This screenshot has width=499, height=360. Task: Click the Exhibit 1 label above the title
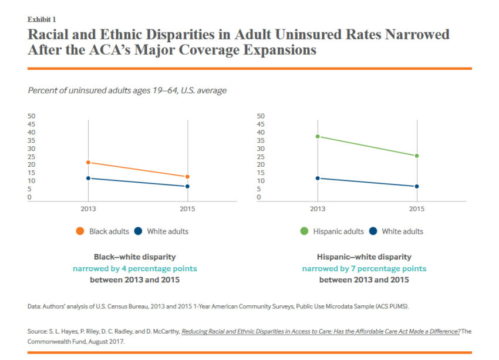[x=42, y=19]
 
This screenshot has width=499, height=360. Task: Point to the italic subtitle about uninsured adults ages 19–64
[x=127, y=90]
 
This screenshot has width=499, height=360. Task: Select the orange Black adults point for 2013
[x=88, y=163]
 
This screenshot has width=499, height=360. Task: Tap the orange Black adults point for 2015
[x=187, y=177]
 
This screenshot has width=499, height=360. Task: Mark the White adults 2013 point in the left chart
[x=88, y=178]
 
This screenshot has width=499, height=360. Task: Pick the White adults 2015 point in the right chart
[x=417, y=187]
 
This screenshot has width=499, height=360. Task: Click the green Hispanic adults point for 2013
[x=318, y=136]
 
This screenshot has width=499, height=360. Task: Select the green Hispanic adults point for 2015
[x=417, y=156]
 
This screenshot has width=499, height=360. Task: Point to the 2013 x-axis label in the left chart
[x=88, y=208]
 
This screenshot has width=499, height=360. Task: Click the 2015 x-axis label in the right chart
[x=417, y=208]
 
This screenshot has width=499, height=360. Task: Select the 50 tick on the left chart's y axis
[x=31, y=116]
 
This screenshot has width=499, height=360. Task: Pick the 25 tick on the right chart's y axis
[x=261, y=157]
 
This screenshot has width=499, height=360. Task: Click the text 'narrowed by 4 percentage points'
[x=134, y=268]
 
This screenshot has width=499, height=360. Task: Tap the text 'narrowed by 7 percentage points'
[x=364, y=268]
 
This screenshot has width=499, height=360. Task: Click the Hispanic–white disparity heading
[x=364, y=257]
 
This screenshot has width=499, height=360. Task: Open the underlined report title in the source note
[x=321, y=331]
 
